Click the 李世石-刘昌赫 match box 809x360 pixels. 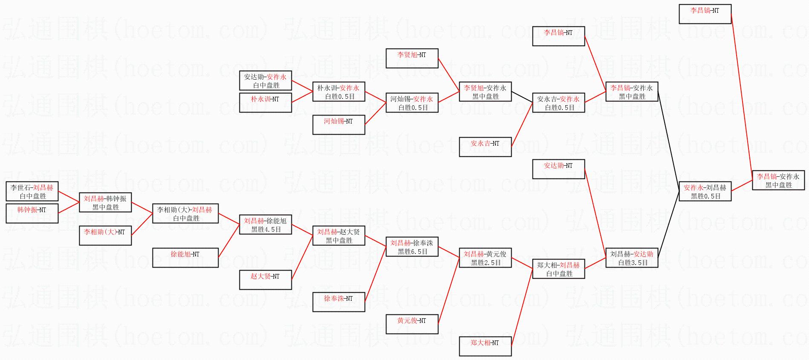point(32,191)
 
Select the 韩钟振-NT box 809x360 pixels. point(32,213)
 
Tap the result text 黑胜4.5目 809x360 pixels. point(266,230)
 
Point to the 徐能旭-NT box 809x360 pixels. point(185,258)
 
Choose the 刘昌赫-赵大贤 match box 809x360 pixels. point(339,236)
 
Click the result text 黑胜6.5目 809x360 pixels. point(412,252)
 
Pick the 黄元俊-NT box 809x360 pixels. point(412,324)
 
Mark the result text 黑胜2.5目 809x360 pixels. point(486,263)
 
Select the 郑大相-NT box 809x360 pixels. point(485,346)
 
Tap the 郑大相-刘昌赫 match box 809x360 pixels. point(559,269)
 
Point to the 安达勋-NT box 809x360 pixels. point(559,169)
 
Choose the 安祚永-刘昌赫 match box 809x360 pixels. point(705,191)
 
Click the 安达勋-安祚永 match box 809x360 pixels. point(265,81)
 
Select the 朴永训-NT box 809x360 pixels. point(265,103)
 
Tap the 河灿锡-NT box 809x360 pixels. point(339,125)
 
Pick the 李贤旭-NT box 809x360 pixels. point(412,58)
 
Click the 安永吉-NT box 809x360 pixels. point(485,147)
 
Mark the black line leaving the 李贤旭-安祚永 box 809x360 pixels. point(522,97)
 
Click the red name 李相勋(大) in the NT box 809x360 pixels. point(98,232)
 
